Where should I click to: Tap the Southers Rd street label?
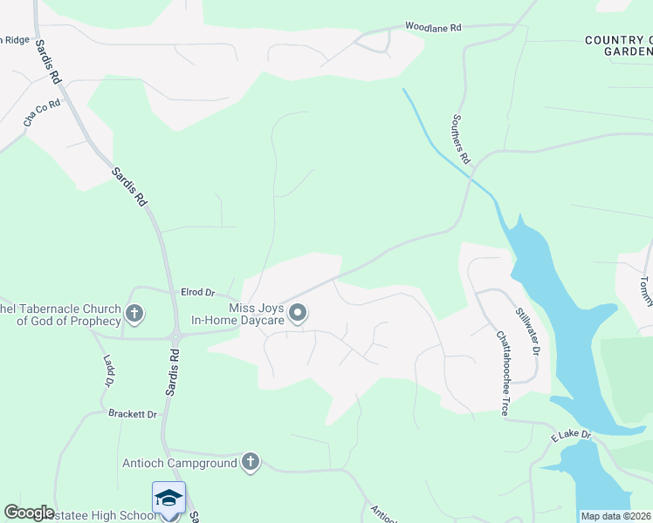pos(462,139)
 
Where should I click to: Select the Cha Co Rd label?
pos(42,114)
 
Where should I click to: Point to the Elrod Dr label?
pos(197,292)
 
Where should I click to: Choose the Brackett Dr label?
pos(133,414)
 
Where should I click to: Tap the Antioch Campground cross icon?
pos(251,462)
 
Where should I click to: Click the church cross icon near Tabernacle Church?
pos(134,313)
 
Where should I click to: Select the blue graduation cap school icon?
pos(168,498)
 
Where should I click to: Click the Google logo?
pos(29,513)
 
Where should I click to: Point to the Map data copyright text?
pos(616,516)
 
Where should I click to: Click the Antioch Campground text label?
pos(180,463)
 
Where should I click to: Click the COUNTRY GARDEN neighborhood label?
pos(618,45)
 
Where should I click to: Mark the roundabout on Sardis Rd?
pos(175,336)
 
